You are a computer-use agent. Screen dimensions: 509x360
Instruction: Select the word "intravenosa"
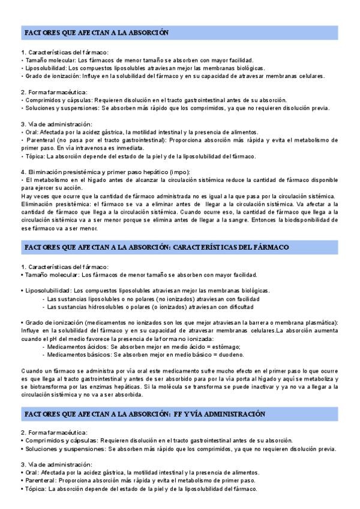(x=79, y=146)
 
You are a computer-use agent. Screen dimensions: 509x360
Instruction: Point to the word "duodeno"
(x=238, y=355)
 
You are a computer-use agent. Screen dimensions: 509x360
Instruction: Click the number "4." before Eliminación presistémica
(x=23, y=172)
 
